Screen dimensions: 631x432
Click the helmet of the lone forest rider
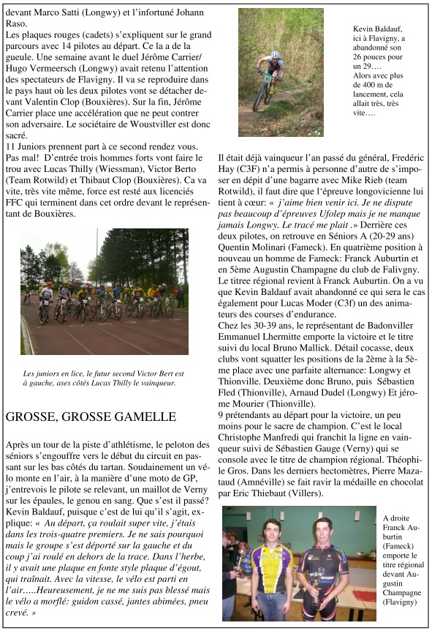coord(275,56)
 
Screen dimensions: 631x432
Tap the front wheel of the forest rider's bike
coord(258,97)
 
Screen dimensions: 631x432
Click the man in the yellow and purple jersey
coord(272,567)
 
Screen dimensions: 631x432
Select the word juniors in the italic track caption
coord(42,373)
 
